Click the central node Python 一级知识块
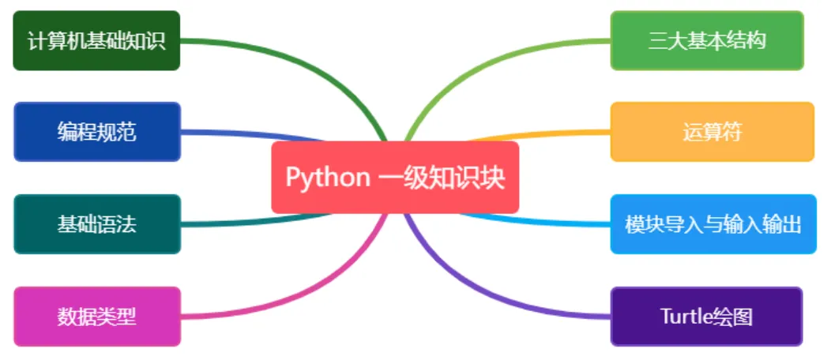[395, 178]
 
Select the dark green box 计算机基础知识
[96, 40]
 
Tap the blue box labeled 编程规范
[96, 132]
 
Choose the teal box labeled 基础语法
[96, 223]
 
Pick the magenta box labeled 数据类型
[96, 316]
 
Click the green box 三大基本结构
[707, 40]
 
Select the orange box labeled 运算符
[712, 132]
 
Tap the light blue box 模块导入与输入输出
[712, 223]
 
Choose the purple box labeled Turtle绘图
[707, 316]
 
